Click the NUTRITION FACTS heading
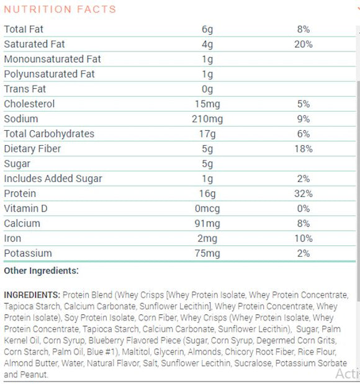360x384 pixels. click(x=60, y=9)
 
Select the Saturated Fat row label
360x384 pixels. click(x=34, y=44)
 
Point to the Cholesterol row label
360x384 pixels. click(x=29, y=104)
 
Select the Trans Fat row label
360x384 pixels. click(x=25, y=89)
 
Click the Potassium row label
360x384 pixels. click(x=28, y=253)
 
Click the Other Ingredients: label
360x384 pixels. click(x=41, y=271)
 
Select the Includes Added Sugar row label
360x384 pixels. click(x=53, y=179)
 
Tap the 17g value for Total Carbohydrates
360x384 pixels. click(x=207, y=133)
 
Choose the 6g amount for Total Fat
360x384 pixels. click(x=207, y=29)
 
